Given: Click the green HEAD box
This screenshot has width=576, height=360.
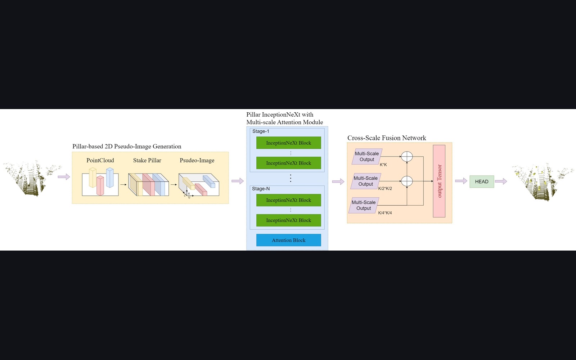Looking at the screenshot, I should tap(482, 181).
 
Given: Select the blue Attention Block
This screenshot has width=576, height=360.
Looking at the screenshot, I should tap(288, 240).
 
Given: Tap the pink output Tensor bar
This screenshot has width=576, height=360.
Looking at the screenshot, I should tap(439, 181).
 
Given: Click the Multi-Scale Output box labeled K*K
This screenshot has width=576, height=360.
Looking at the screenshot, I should tap(367, 157).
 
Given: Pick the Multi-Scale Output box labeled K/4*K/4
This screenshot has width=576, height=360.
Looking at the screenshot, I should tap(364, 205).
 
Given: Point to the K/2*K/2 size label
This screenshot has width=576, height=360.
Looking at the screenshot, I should tap(385, 188).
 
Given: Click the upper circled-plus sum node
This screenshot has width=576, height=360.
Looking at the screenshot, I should tap(407, 157).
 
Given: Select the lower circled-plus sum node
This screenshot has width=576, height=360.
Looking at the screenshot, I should tap(407, 181).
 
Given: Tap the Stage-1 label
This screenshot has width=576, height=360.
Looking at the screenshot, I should tap(261, 131).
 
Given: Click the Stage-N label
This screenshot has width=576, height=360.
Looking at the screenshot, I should tap(261, 189).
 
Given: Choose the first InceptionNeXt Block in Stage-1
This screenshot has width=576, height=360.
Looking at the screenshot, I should tap(288, 143).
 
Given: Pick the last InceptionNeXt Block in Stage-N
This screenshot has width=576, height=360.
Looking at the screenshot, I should tap(288, 220).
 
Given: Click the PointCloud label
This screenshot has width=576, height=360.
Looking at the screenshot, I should tap(100, 161).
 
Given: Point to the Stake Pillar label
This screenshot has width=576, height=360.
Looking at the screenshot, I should tap(147, 161).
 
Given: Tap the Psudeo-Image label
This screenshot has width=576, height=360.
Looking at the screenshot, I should tap(197, 161).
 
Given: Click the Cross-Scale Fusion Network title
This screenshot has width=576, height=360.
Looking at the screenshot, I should tap(387, 138).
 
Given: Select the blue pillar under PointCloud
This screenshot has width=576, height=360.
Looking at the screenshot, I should tap(110, 177).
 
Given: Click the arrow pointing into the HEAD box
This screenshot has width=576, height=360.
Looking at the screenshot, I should tap(461, 181).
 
